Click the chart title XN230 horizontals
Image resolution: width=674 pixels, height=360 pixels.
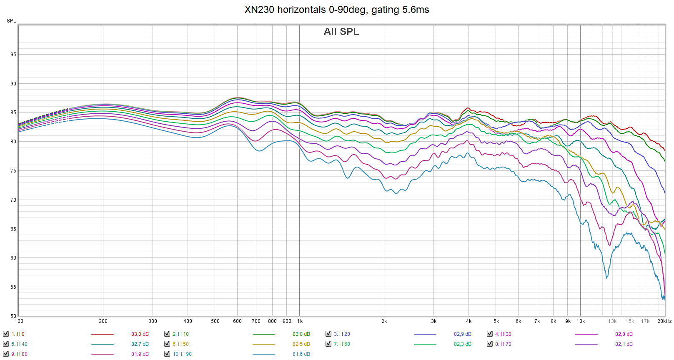tap(336, 10)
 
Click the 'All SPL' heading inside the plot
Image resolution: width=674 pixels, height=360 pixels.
tap(341, 32)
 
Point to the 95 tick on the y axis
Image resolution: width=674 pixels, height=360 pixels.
tap(13, 55)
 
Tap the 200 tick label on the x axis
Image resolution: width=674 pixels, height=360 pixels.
tap(103, 321)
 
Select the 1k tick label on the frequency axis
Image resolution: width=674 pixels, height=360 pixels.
tap(300, 321)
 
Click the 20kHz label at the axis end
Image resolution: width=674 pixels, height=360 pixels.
tap(664, 321)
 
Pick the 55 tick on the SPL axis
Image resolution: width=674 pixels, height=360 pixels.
tap(13, 287)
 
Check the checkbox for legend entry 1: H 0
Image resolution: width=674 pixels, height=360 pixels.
tap(6, 334)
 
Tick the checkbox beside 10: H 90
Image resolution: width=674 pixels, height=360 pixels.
tap(167, 354)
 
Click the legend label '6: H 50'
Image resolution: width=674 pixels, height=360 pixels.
tap(180, 344)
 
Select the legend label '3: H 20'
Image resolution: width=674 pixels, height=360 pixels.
tap(342, 334)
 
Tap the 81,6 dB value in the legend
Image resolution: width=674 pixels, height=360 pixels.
tap(301, 354)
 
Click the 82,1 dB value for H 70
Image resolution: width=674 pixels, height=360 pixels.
tap(624, 344)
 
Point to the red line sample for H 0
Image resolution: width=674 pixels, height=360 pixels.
tap(102, 334)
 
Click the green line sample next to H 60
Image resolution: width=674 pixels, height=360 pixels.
tap(425, 344)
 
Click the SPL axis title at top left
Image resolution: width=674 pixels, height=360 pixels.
tap(11, 21)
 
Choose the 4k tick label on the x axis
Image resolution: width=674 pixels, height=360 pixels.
tap(469, 321)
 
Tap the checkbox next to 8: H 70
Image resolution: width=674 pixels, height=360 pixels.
tap(490, 344)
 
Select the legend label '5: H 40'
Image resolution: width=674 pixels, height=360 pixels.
tap(19, 344)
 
